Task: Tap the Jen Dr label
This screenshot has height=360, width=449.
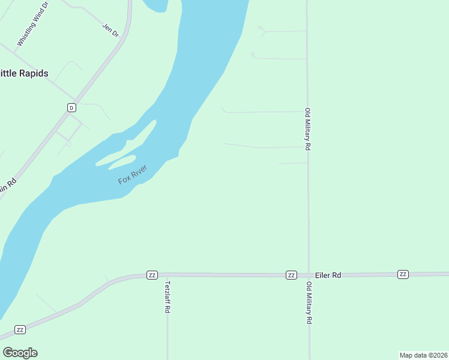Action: pyautogui.click(x=111, y=30)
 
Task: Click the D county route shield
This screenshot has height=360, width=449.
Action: pyautogui.click(x=71, y=107)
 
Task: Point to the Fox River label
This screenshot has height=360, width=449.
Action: pyautogui.click(x=133, y=173)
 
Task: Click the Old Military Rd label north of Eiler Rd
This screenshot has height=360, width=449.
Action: pyautogui.click(x=307, y=129)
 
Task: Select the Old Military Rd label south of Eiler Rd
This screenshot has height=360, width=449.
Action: pyautogui.click(x=309, y=302)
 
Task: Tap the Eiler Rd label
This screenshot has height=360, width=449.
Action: pyautogui.click(x=328, y=275)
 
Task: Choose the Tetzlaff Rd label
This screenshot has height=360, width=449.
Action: pyautogui.click(x=168, y=297)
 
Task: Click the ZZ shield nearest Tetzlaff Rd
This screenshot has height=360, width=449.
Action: pyautogui.click(x=152, y=275)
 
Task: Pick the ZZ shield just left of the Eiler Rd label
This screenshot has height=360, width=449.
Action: pyautogui.click(x=291, y=275)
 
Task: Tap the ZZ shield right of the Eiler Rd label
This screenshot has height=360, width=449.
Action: pyautogui.click(x=403, y=274)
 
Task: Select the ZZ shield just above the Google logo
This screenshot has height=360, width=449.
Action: pyautogui.click(x=20, y=330)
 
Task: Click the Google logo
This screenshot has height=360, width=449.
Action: pyautogui.click(x=20, y=352)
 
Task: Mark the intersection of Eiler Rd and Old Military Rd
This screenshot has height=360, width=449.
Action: pyautogui.click(x=309, y=274)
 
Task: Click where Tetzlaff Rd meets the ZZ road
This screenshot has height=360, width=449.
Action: pyautogui.click(x=167, y=275)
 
